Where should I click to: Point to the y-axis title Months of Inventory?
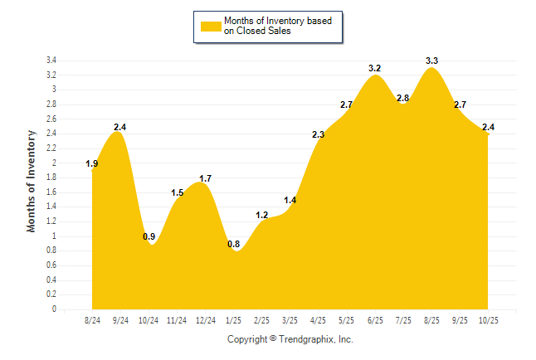pyautogui.click(x=32, y=180)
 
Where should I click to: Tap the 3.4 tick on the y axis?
pyautogui.click(x=51, y=61)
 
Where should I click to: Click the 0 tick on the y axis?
pyautogui.click(x=54, y=309)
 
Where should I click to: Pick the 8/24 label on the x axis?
pyautogui.click(x=93, y=320)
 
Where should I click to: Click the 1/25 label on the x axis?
pyautogui.click(x=233, y=320)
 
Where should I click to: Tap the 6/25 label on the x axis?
pyautogui.click(x=374, y=320)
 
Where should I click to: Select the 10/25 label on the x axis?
pyautogui.click(x=487, y=320)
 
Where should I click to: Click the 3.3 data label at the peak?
pyautogui.click(x=431, y=61)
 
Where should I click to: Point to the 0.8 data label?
pyautogui.click(x=233, y=244)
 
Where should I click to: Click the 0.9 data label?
pyautogui.click(x=149, y=236)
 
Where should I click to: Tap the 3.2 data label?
pyautogui.click(x=374, y=68)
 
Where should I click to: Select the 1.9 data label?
pyautogui.click(x=92, y=164)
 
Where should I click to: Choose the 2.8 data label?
pyautogui.click(x=403, y=98)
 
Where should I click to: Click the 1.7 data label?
pyautogui.click(x=206, y=178)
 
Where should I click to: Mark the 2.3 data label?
pyautogui.click(x=318, y=134)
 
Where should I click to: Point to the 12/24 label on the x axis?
pyautogui.click(x=205, y=320)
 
